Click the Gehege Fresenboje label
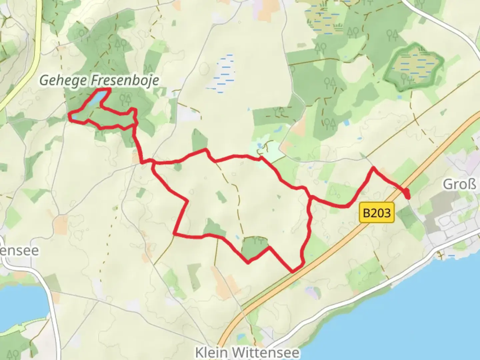[x=99, y=81]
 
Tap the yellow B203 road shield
[x=377, y=213]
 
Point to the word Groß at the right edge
[x=459, y=184]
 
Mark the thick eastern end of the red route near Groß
[x=407, y=193]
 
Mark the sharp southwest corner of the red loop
[x=175, y=235]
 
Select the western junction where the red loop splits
[x=152, y=163]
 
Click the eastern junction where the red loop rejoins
[x=310, y=198]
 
